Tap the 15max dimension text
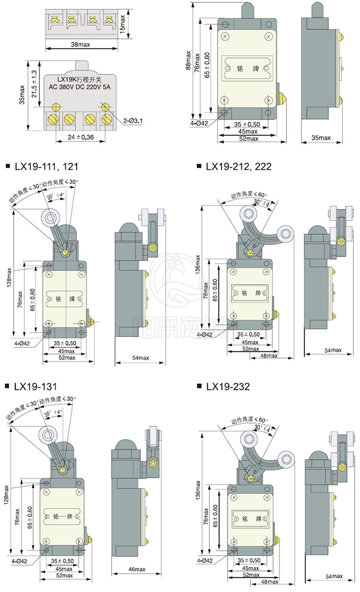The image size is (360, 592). pos(122,21)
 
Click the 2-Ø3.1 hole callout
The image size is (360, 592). pos(133,120)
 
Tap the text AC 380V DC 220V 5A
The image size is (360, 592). pos(80,87)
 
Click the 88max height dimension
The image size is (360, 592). pos(189,61)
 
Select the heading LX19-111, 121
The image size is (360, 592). pos(45,167)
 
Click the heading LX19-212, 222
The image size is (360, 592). pos(239,167)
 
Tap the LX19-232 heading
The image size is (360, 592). pos(228,387)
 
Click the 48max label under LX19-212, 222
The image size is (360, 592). pos(269,355)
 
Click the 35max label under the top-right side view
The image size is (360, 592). pos(321,138)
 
